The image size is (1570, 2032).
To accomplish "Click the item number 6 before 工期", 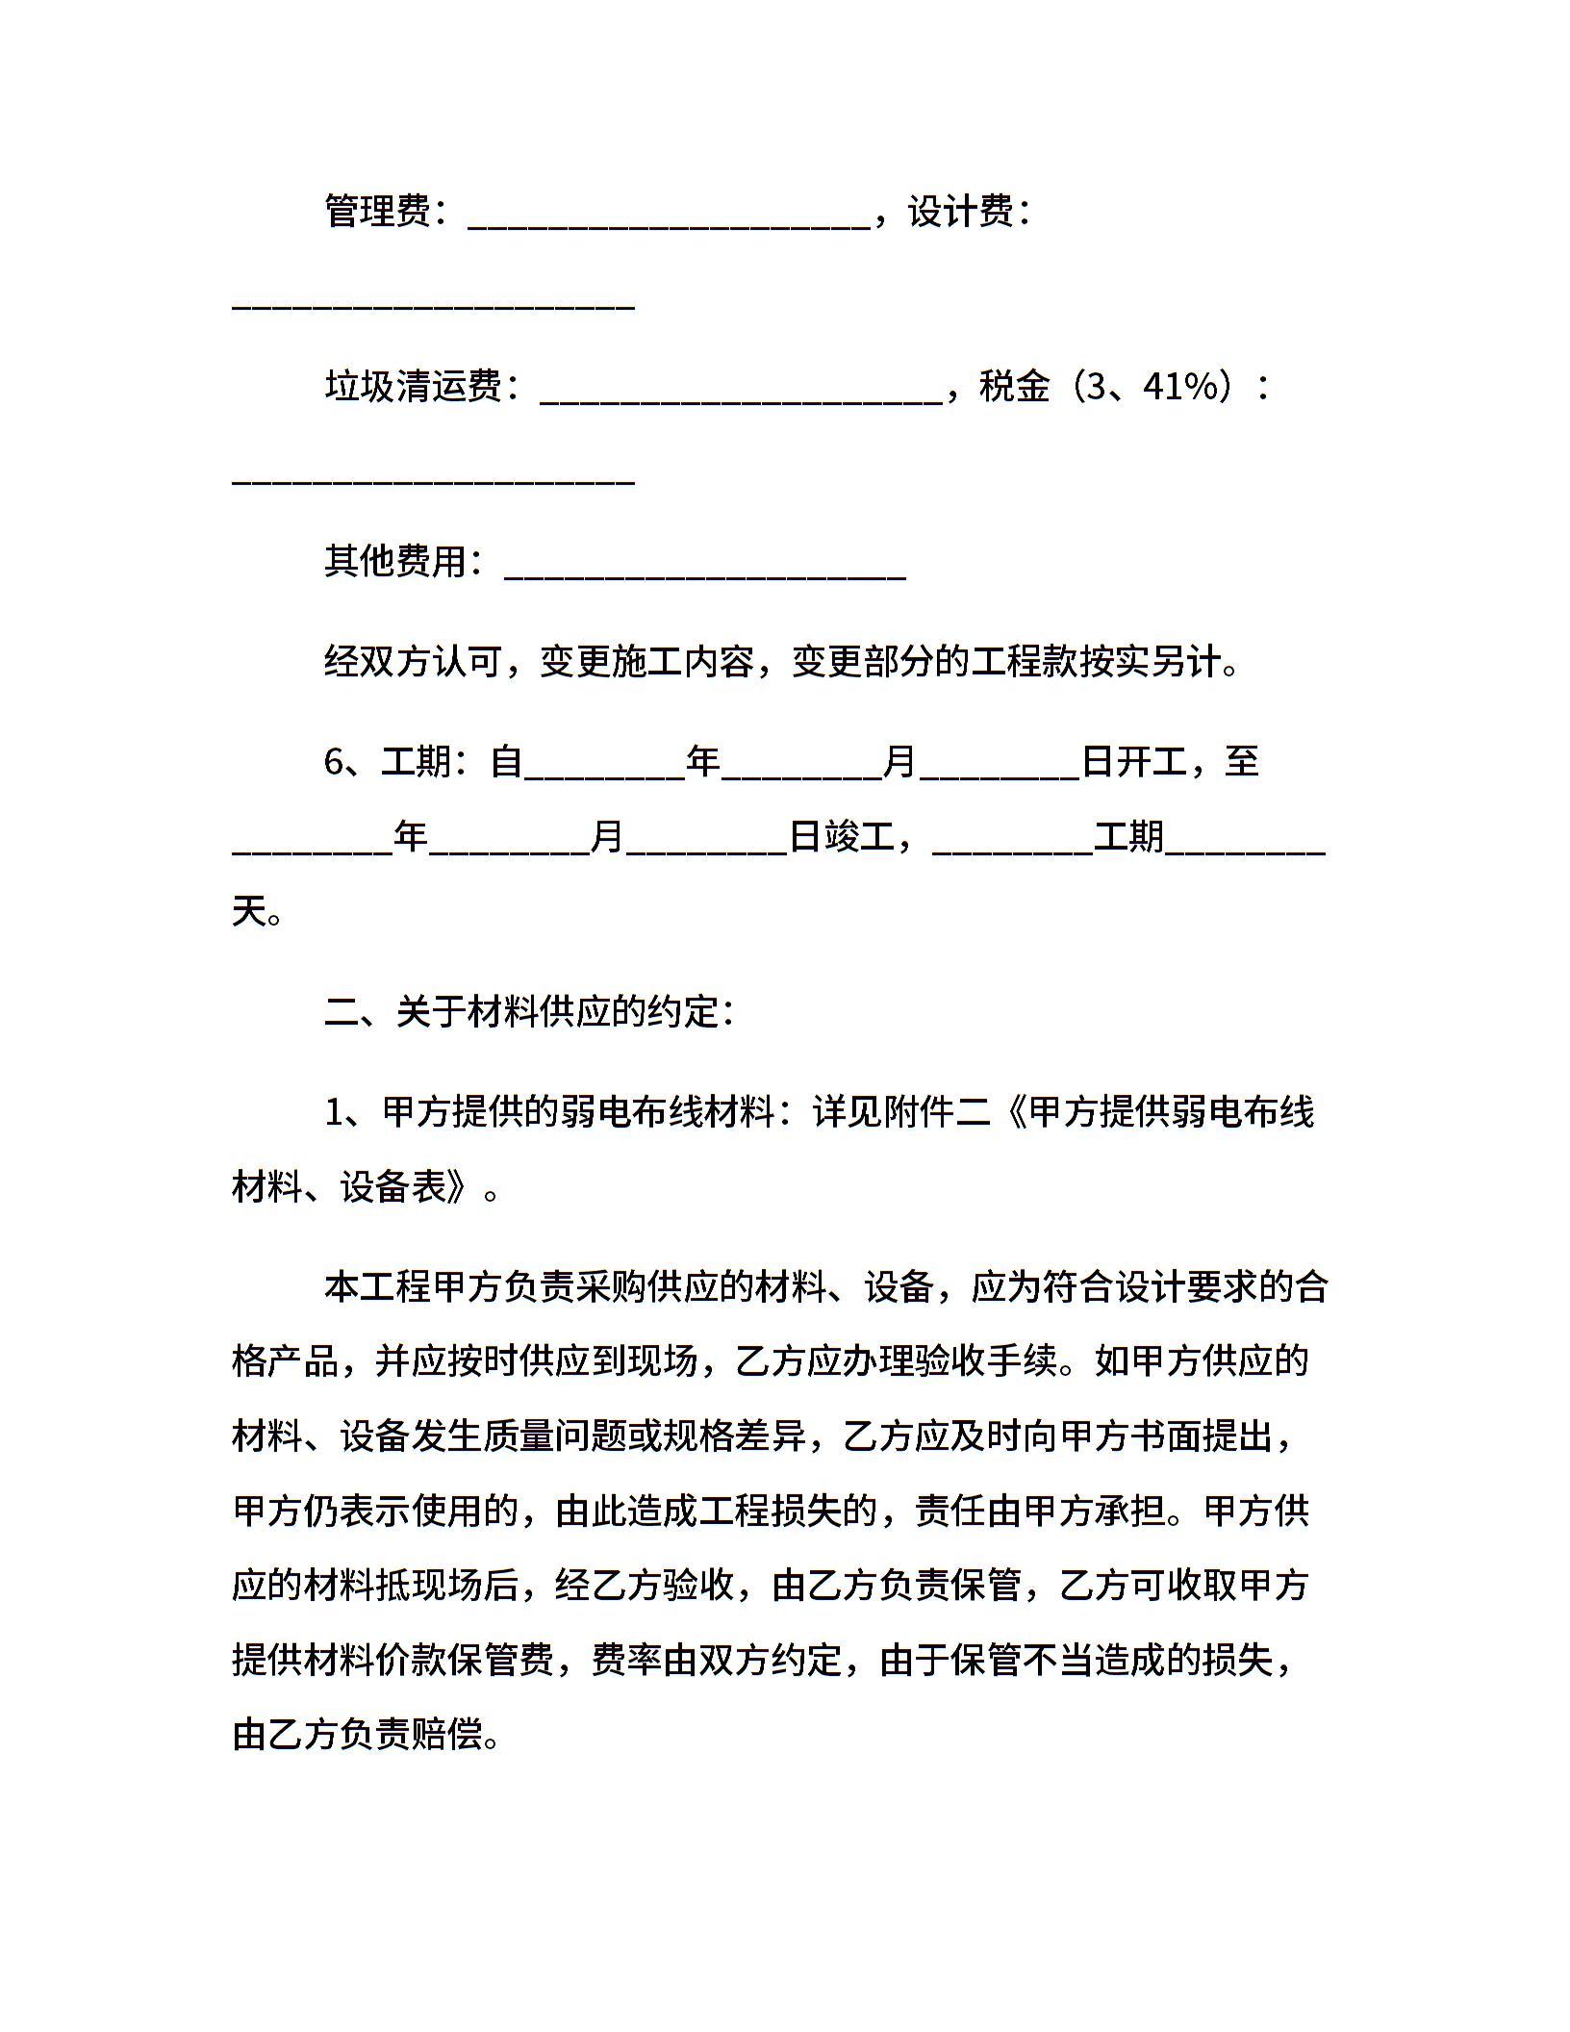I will click(334, 762).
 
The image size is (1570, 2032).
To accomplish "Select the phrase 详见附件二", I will click(900, 1112).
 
